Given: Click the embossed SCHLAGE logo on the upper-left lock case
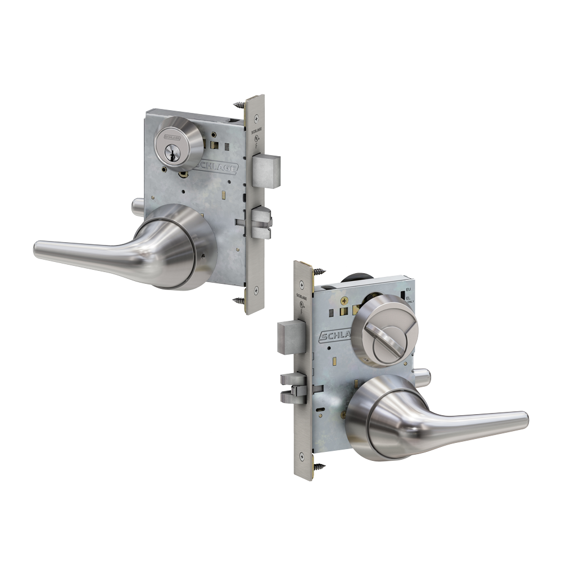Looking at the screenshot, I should [216, 166].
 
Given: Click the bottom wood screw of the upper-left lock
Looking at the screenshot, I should [238, 301].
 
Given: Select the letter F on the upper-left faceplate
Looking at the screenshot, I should [256, 144].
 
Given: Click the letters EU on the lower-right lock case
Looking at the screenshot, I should [409, 289].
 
